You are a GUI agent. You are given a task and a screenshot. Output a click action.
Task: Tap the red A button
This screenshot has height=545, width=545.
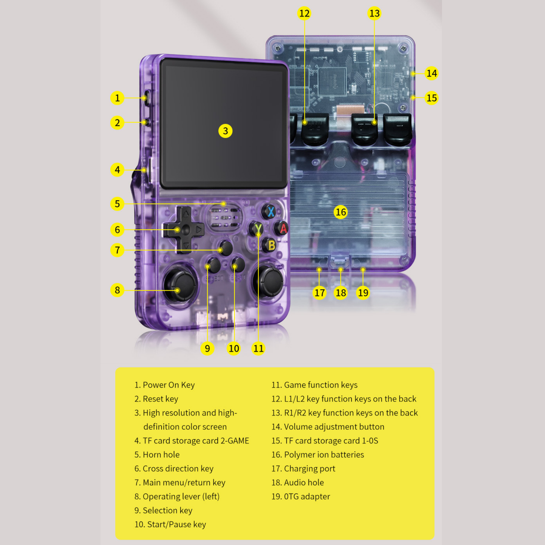pos(282,228)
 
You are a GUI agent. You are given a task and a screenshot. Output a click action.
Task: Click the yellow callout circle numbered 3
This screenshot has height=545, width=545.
pos(225,131)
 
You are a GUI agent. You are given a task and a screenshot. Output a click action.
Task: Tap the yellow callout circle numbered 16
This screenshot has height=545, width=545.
pos(341,212)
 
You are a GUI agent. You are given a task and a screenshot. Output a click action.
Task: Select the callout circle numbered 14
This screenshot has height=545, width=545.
pos(431,73)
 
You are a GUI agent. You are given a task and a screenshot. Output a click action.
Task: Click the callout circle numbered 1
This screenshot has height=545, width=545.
pos(117,98)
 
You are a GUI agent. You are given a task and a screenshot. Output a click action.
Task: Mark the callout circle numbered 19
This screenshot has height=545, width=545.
pos(363,293)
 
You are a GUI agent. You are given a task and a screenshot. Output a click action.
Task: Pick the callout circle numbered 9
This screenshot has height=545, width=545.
pos(207,348)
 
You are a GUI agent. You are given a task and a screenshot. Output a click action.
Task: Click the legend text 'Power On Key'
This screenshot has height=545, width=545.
pos(168,385)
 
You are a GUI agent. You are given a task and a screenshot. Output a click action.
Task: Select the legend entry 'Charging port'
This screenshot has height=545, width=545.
pos(309,468)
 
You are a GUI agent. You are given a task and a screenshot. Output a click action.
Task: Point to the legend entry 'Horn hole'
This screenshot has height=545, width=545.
pos(161,454)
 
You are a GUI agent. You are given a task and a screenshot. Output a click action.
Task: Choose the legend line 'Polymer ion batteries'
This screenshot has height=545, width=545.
pos(324,454)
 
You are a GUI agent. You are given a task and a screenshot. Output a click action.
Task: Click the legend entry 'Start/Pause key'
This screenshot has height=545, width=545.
pos(176,524)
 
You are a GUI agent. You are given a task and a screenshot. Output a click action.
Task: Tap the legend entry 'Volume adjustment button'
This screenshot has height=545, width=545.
pos(334,427)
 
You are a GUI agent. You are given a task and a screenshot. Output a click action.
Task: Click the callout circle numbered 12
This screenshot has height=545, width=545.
pos(304,14)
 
